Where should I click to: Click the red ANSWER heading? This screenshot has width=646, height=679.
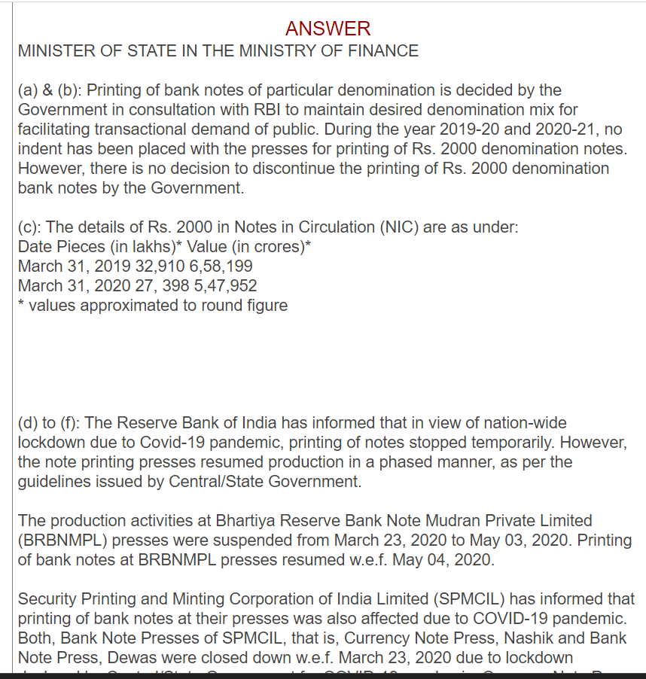click(x=328, y=29)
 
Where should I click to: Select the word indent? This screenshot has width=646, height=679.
click(x=41, y=149)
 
